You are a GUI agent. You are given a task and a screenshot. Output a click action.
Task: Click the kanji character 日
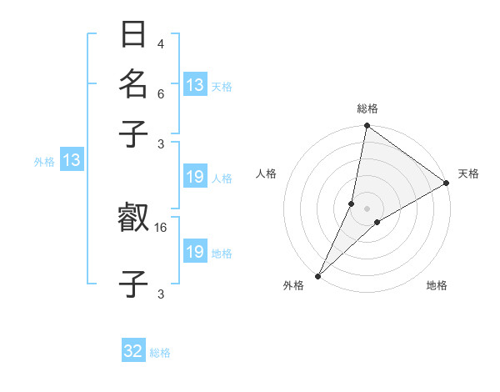click(x=133, y=36)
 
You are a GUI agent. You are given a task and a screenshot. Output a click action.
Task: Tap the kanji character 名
click(x=133, y=84)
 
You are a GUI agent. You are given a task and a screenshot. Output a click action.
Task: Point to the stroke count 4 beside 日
click(x=160, y=44)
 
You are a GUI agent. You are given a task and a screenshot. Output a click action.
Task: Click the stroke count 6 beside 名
click(x=160, y=95)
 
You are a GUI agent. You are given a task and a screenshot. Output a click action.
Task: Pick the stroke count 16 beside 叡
click(x=162, y=227)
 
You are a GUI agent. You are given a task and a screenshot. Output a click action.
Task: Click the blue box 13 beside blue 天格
click(x=195, y=85)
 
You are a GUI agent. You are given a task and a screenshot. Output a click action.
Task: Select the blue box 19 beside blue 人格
click(x=195, y=177)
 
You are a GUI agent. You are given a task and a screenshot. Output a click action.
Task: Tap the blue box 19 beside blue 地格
click(x=195, y=252)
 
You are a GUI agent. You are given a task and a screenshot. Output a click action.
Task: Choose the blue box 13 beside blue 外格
click(x=71, y=161)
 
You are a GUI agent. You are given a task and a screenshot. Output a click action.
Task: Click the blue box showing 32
click(x=133, y=351)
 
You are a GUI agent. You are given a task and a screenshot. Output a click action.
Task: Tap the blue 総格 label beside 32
click(x=160, y=353)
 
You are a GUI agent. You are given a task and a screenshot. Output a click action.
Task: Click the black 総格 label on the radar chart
click(x=367, y=108)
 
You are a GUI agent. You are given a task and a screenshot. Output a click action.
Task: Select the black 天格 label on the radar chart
click(x=468, y=173)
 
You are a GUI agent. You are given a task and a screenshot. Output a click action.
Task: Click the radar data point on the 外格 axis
click(x=318, y=275)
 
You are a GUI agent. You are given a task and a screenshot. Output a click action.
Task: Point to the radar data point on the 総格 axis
click(x=367, y=126)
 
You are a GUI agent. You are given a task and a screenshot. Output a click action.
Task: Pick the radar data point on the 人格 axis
click(x=352, y=204)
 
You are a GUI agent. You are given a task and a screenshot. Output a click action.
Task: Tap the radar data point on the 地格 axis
click(x=377, y=222)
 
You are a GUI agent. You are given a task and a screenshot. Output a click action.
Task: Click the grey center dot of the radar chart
click(x=367, y=209)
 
